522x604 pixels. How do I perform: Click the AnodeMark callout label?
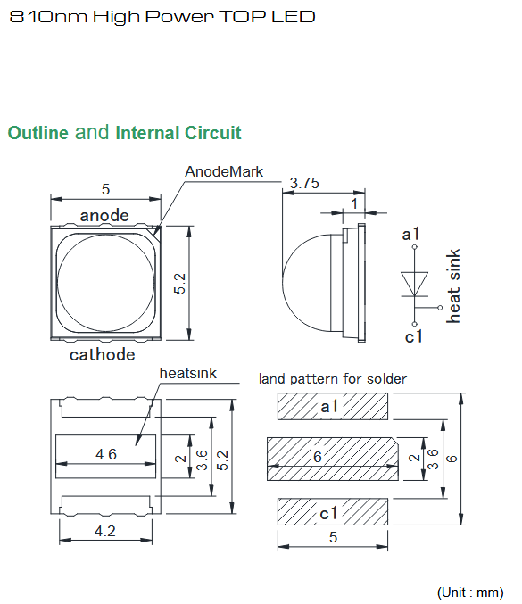(224, 171)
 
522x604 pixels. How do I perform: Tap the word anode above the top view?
(104, 215)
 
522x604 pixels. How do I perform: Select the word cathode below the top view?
(102, 354)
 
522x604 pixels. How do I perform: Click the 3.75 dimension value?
(304, 183)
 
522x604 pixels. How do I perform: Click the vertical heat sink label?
(453, 285)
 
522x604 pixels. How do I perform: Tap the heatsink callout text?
(188, 373)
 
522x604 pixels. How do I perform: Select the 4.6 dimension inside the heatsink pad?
(106, 454)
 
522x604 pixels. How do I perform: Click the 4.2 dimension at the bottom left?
(104, 531)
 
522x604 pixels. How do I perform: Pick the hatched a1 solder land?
(333, 407)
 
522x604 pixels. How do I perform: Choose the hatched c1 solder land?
(333, 511)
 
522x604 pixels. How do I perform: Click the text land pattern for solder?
(333, 379)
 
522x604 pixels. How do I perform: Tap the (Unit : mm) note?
(470, 592)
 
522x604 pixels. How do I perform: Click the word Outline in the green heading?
(38, 133)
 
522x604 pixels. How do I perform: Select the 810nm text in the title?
(48, 17)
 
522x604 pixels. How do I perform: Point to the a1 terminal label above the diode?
(410, 235)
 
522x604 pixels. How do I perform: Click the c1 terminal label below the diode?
(414, 336)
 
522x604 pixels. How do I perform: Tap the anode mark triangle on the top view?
(157, 231)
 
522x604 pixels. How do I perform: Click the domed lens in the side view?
(306, 282)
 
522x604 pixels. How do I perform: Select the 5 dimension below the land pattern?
(333, 537)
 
